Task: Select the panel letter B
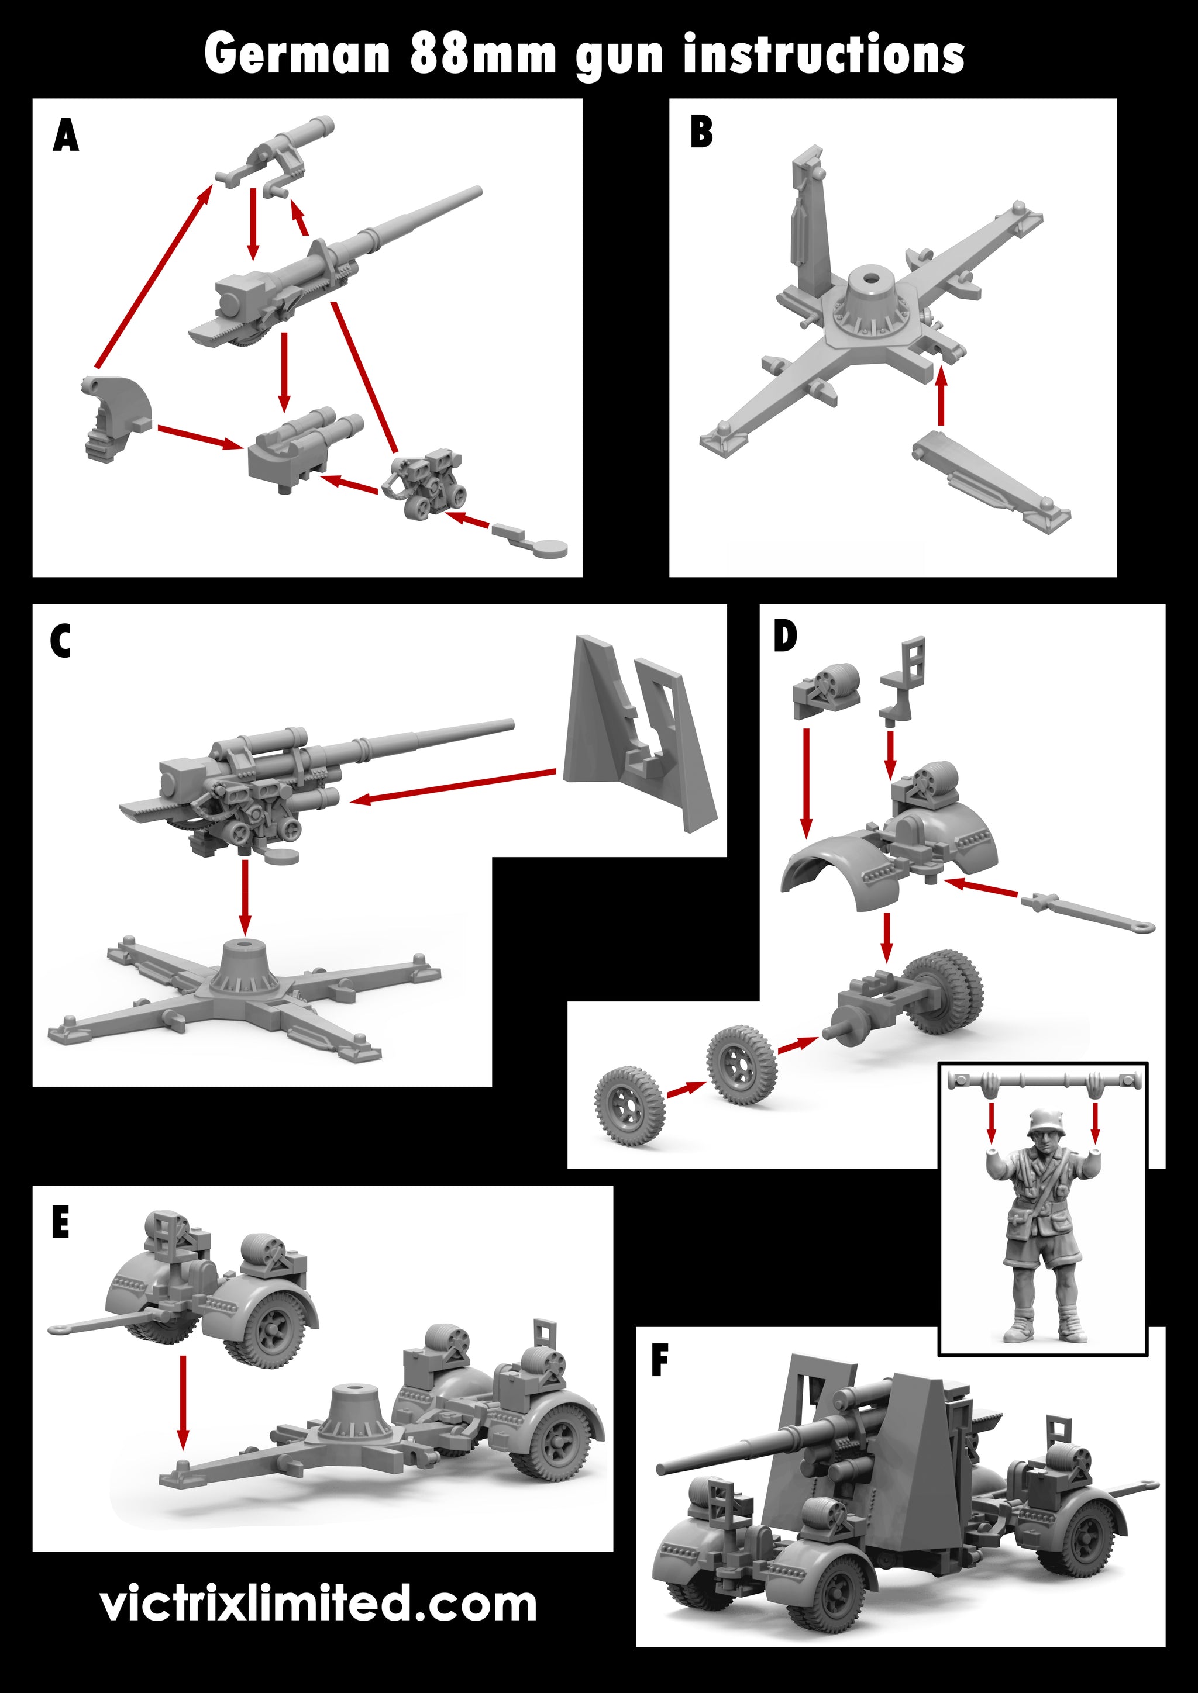[x=701, y=133]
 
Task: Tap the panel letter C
[x=60, y=641]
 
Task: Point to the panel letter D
[x=785, y=637]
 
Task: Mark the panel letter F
[x=659, y=1360]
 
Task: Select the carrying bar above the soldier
[x=1043, y=1082]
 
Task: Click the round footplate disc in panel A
[x=550, y=548]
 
